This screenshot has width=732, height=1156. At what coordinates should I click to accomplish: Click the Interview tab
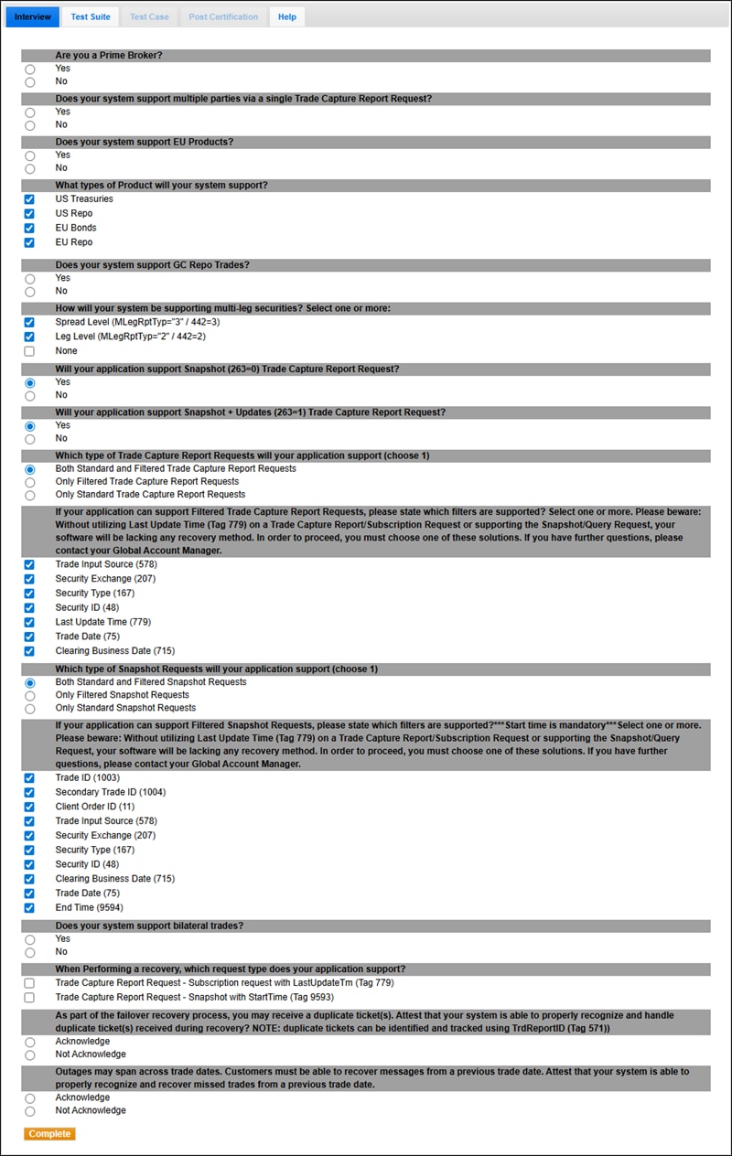coord(33,16)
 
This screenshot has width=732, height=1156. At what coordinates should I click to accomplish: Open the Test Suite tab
coord(91,16)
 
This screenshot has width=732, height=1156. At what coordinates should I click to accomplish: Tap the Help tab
coord(287,16)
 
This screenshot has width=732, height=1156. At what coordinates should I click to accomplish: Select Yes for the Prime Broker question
coord(30,70)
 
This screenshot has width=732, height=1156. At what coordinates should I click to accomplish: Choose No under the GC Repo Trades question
coord(30,292)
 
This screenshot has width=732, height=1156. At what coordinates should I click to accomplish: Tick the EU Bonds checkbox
coord(30,229)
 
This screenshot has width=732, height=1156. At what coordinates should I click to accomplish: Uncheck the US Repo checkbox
coord(30,214)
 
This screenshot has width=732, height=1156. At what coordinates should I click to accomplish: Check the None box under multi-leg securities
coord(30,351)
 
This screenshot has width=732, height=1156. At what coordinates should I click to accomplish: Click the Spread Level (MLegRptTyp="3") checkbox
coord(30,323)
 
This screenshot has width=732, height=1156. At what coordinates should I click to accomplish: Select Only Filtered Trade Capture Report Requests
coord(30,482)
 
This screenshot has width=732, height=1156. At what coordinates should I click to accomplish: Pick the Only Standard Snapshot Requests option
coord(30,709)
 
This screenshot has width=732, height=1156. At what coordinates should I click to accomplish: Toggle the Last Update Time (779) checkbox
coord(30,623)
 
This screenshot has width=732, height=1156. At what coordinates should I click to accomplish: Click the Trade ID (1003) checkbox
coord(30,778)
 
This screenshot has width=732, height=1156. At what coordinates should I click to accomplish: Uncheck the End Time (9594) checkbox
coord(30,908)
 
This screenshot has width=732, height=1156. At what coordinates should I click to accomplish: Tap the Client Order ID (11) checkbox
coord(30,808)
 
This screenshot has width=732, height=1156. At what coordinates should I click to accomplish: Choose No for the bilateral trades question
coord(30,953)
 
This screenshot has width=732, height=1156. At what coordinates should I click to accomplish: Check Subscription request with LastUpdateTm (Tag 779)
coord(30,983)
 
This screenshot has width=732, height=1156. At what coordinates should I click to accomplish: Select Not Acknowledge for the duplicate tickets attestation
coord(30,1055)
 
